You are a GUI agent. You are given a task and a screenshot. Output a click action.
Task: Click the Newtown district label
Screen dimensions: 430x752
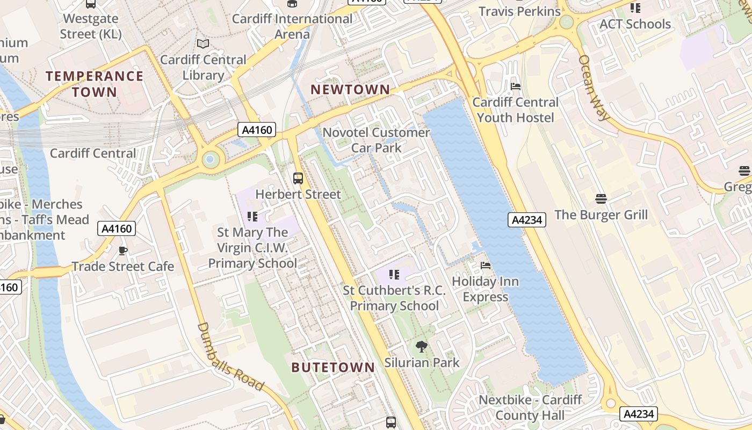pyautogui.click(x=350, y=90)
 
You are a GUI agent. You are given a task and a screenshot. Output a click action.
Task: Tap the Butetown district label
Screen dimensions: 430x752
pyautogui.click(x=333, y=368)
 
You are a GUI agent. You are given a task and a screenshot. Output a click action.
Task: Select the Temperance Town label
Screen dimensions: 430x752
pyautogui.click(x=95, y=84)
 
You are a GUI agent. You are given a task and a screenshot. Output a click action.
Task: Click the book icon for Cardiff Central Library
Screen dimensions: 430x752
pyautogui.click(x=203, y=44)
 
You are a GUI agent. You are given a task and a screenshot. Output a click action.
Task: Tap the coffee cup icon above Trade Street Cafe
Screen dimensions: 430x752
pyautogui.click(x=123, y=250)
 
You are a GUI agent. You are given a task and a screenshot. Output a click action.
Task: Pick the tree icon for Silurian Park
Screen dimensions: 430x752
pyautogui.click(x=422, y=347)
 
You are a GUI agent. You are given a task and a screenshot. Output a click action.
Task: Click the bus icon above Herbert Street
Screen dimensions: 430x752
pyautogui.click(x=298, y=178)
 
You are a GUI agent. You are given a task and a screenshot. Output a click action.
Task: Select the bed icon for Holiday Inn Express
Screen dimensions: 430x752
pyautogui.click(x=486, y=265)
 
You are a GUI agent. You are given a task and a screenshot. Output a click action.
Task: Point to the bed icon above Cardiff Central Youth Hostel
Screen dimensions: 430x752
pyautogui.click(x=516, y=86)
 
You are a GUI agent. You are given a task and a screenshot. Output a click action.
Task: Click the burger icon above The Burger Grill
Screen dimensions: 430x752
pyautogui.click(x=601, y=199)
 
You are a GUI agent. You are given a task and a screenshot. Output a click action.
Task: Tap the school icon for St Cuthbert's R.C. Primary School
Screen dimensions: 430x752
pyautogui.click(x=394, y=275)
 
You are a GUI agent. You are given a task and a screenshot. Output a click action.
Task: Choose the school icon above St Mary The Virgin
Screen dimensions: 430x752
pyautogui.click(x=252, y=217)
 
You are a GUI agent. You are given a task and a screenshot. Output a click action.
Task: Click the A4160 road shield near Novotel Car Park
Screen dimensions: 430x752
pyautogui.click(x=257, y=130)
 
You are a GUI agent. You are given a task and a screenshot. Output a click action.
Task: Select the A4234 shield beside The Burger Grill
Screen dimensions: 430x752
pyautogui.click(x=527, y=220)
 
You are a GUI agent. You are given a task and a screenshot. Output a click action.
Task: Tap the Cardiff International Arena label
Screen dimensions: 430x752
pyautogui.click(x=292, y=26)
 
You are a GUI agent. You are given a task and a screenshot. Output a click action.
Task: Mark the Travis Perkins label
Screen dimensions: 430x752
pyautogui.click(x=519, y=11)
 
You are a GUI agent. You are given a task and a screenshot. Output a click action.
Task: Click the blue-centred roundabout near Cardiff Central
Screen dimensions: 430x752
pyautogui.click(x=210, y=159)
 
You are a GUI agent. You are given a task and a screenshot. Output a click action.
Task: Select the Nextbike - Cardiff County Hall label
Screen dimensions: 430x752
pyautogui.click(x=530, y=407)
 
